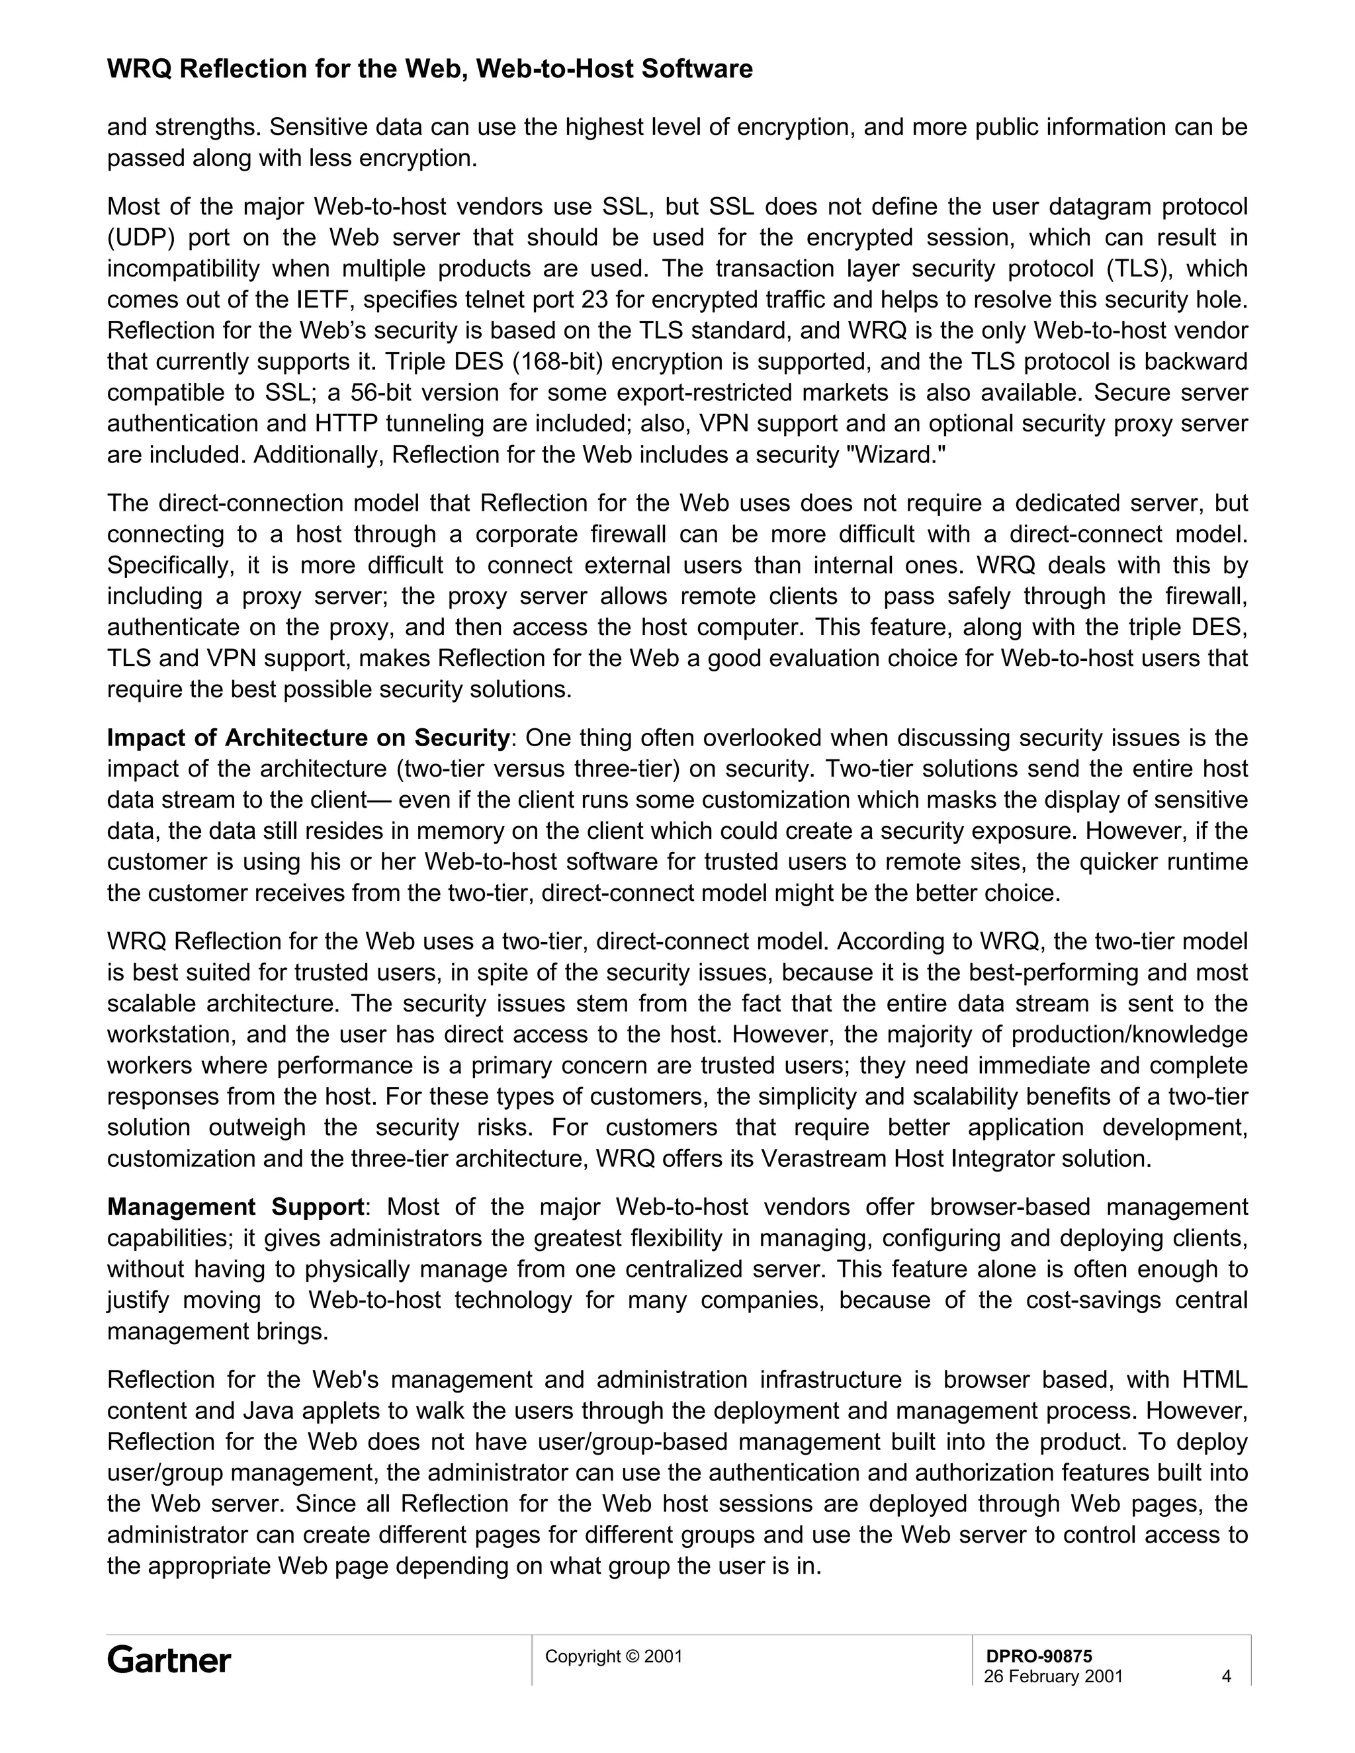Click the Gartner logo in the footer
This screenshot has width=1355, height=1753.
(169, 1660)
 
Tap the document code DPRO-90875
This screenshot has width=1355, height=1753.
(1039, 1656)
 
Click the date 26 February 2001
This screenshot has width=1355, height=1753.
(1053, 1676)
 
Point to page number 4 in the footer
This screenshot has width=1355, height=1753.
(1226, 1676)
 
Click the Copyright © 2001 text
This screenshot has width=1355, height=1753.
(613, 1656)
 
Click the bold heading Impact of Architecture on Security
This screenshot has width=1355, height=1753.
(308, 738)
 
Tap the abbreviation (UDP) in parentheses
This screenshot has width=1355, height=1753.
(140, 237)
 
